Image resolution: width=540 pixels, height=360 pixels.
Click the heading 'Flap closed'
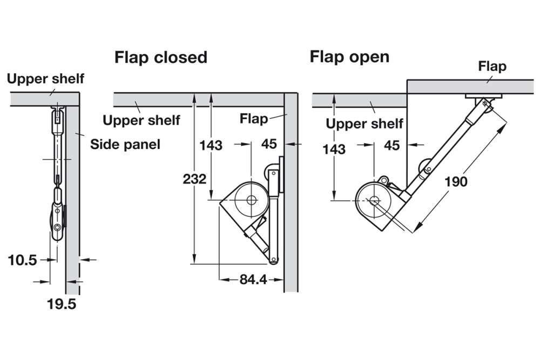click(160, 57)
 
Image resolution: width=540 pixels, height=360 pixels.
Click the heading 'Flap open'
click(349, 57)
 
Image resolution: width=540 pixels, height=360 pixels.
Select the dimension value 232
click(194, 178)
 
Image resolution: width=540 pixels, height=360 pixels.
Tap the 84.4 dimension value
click(252, 280)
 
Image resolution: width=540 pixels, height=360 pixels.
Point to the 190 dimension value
click(456, 181)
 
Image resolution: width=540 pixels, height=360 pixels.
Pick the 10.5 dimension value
click(22, 260)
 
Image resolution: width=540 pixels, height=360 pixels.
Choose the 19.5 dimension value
click(61, 304)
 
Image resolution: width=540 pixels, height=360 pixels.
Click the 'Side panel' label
click(125, 144)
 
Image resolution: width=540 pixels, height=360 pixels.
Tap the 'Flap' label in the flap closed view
click(254, 118)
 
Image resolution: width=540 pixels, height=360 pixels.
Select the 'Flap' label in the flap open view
click(492, 66)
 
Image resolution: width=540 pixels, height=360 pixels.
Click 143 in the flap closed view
click(211, 145)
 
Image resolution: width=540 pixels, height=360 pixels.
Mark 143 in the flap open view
click(334, 148)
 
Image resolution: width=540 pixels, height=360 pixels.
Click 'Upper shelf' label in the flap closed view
click(141, 120)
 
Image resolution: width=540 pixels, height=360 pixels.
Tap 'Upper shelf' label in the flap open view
click(364, 124)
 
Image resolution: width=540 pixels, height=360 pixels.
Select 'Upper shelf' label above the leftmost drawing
click(45, 79)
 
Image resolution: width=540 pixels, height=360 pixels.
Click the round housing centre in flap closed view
click(252, 200)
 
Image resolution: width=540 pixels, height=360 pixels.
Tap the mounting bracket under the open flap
click(483, 99)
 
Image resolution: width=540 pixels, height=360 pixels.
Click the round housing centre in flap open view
click(374, 200)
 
